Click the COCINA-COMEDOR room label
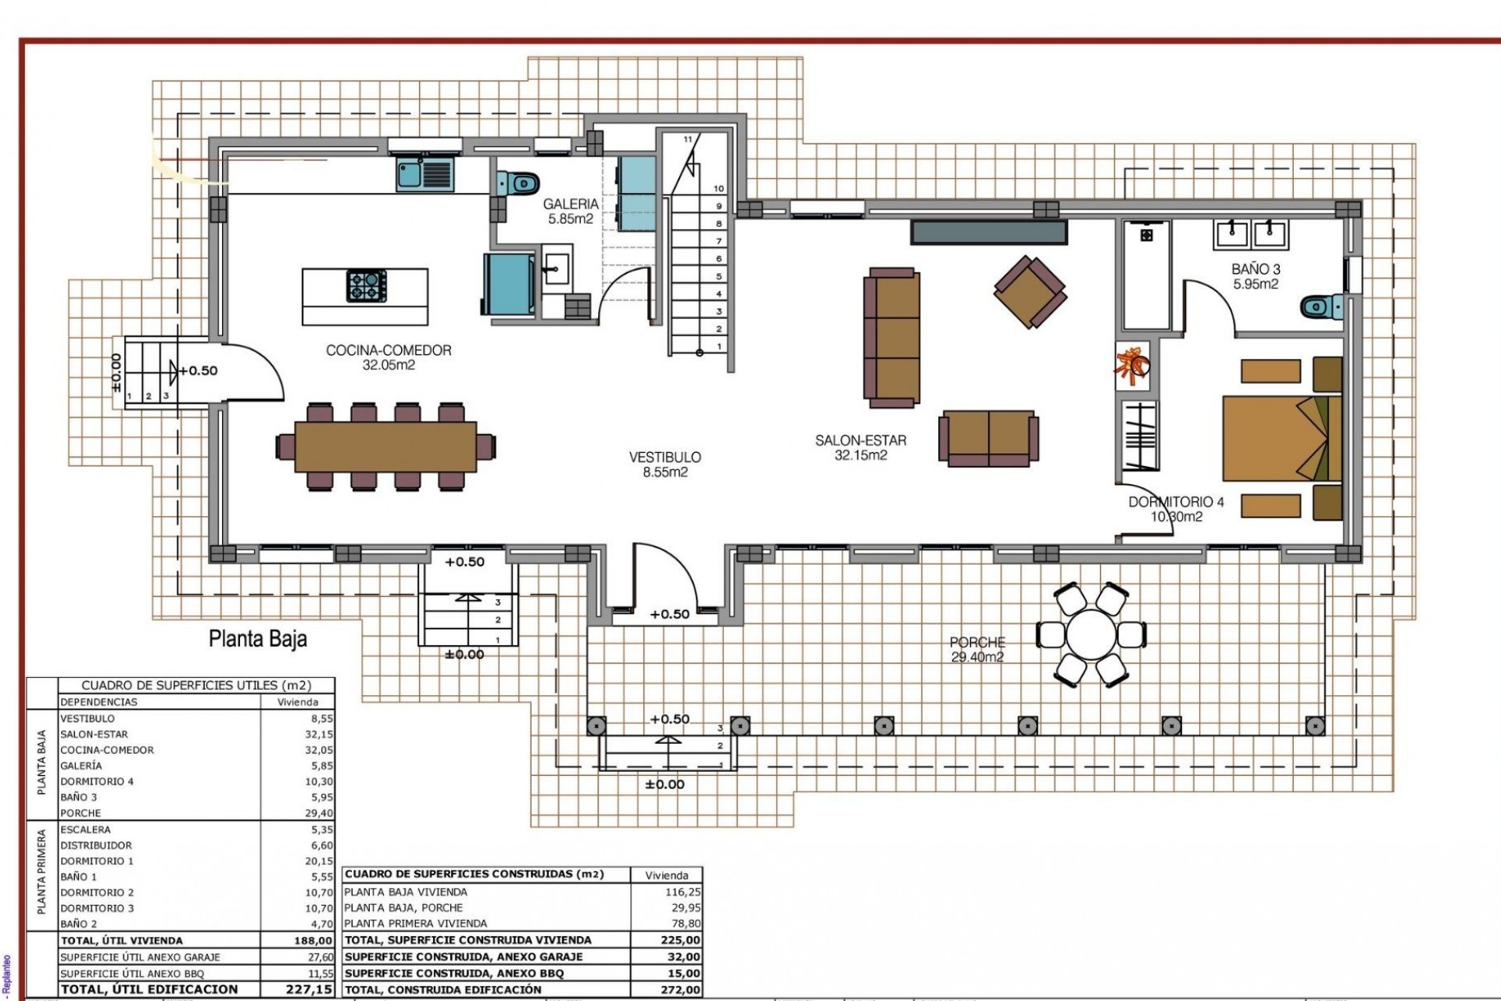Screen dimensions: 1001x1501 (x=389, y=357)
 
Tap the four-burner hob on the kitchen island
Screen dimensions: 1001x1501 (x=366, y=285)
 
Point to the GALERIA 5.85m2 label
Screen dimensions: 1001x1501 (x=571, y=212)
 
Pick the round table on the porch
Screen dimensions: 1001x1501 (x=1091, y=634)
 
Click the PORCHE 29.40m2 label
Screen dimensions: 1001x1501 (x=977, y=649)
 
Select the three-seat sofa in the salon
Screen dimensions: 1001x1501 (x=891, y=337)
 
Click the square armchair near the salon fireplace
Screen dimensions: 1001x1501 (x=1030, y=292)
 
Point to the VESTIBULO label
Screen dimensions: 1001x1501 (x=665, y=464)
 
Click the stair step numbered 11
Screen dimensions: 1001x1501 (x=688, y=139)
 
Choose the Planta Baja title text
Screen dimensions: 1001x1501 (x=258, y=639)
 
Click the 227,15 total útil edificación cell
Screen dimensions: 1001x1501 (x=310, y=989)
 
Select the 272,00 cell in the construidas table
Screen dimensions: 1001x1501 (x=681, y=989)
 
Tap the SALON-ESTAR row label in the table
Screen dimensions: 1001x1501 (x=94, y=734)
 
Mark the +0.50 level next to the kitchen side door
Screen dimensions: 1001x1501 (x=199, y=371)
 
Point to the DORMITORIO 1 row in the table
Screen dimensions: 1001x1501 (x=97, y=861)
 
